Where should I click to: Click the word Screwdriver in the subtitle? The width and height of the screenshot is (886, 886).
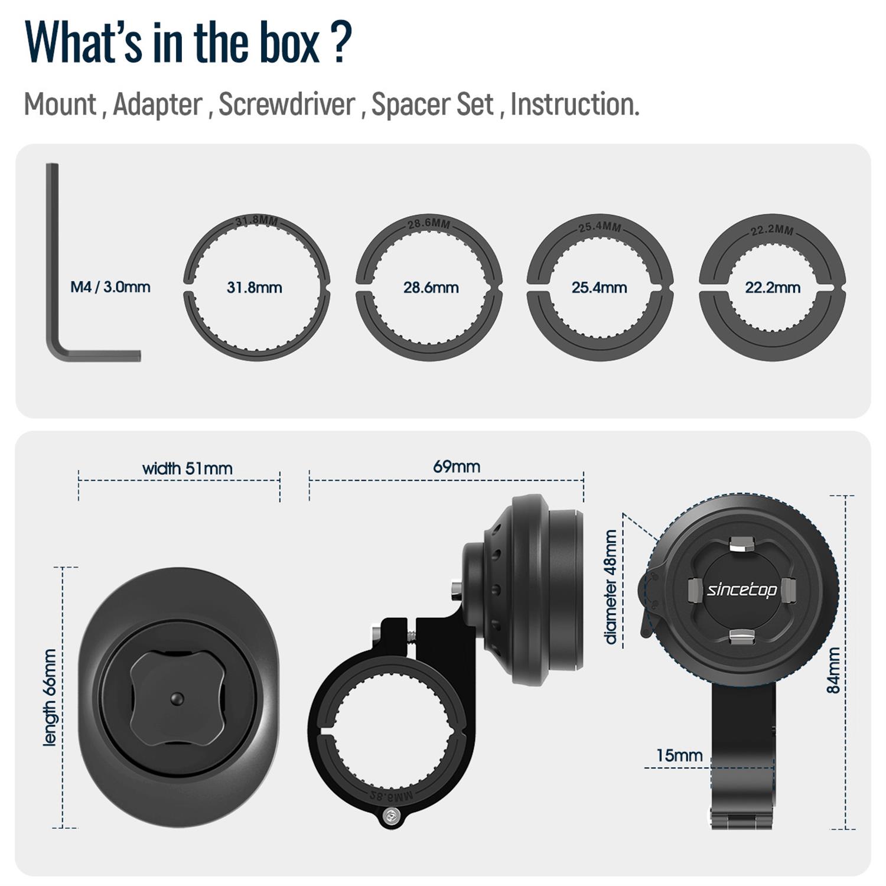pyautogui.click(x=287, y=105)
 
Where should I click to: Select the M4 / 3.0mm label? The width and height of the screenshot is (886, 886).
pyautogui.click(x=110, y=287)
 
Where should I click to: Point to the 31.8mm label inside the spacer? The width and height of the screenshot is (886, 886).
pyautogui.click(x=254, y=288)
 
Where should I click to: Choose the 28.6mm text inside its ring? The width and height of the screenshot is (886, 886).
pyautogui.click(x=431, y=288)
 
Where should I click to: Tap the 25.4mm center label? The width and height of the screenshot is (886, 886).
pyautogui.click(x=599, y=288)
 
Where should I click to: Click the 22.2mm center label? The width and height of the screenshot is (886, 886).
pyautogui.click(x=772, y=288)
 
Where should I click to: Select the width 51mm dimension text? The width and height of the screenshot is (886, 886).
pyautogui.click(x=187, y=468)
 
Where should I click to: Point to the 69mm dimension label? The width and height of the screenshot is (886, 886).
pyautogui.click(x=457, y=467)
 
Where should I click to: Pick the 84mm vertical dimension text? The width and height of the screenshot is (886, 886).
pyautogui.click(x=833, y=670)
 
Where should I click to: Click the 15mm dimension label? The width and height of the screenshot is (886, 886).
pyautogui.click(x=679, y=755)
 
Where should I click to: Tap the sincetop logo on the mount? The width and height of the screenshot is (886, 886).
pyautogui.click(x=742, y=589)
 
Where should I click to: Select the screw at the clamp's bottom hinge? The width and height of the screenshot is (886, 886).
pyautogui.click(x=389, y=816)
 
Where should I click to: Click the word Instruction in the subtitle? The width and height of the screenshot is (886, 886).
pyautogui.click(x=575, y=105)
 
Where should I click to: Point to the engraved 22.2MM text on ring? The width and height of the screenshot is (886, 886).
pyautogui.click(x=773, y=230)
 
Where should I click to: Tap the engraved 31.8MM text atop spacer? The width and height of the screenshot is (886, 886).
pyautogui.click(x=256, y=221)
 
